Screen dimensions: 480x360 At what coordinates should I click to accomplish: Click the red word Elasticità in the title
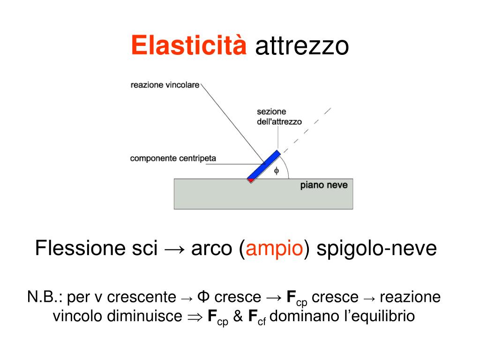pyautogui.click(x=188, y=46)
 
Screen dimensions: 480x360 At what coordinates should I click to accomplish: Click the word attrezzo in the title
pyautogui.click(x=302, y=47)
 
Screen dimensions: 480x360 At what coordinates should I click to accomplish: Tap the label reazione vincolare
pyautogui.click(x=165, y=85)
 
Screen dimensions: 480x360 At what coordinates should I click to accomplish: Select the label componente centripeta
pyautogui.click(x=173, y=158)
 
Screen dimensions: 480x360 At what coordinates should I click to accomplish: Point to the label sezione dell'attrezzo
pyautogui.click(x=279, y=117)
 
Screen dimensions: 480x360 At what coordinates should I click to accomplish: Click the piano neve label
pyautogui.click(x=324, y=185)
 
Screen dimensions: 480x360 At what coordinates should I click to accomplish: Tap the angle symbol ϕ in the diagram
pyautogui.click(x=276, y=171)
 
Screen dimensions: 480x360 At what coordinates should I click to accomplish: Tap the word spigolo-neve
pyautogui.click(x=376, y=248)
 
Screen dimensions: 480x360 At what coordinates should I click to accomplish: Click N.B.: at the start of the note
pyautogui.click(x=45, y=297)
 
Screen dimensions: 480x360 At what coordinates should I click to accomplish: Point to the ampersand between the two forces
pyautogui.click(x=238, y=316)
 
